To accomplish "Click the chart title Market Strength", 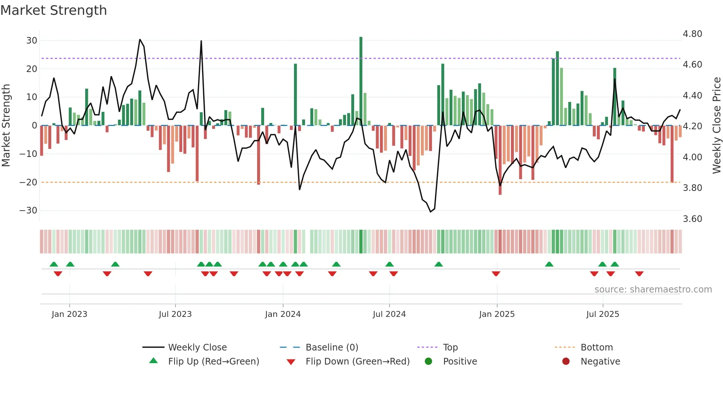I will pyautogui.click(x=53, y=10).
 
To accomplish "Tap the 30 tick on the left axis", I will pyautogui.click(x=32, y=41).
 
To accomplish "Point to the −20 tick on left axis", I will pyautogui.click(x=28, y=182).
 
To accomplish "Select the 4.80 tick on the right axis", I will pyautogui.click(x=692, y=34).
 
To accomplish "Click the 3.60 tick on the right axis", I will pyautogui.click(x=692, y=219).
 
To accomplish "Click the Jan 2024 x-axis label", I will pyautogui.click(x=283, y=314).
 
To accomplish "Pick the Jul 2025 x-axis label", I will pyautogui.click(x=602, y=314).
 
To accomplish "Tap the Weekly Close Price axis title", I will pyautogui.click(x=716, y=125).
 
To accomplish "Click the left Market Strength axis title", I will pyautogui.click(x=6, y=125).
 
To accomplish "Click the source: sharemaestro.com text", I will pyautogui.click(x=653, y=290).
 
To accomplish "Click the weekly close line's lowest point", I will pyautogui.click(x=430, y=212).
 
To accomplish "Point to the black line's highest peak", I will pyautogui.click(x=140, y=40).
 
